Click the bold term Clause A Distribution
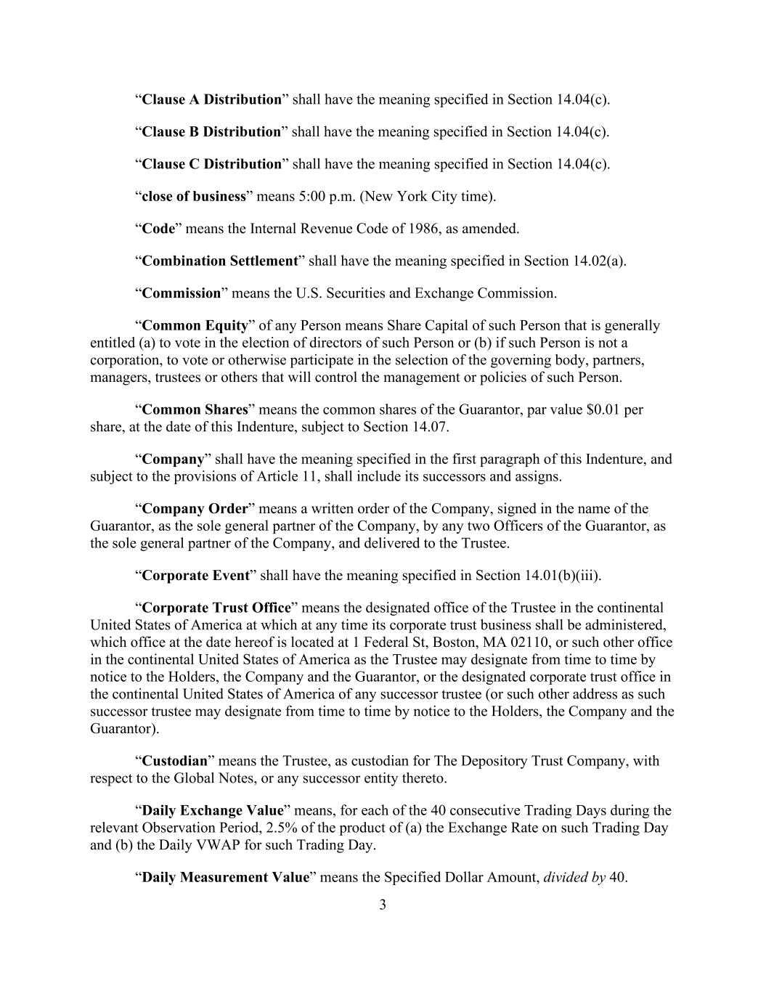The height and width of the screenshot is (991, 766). click(x=211, y=99)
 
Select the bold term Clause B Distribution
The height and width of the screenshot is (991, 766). click(x=211, y=131)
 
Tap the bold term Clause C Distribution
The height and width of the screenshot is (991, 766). click(x=211, y=164)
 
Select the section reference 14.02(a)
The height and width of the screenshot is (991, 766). click(x=599, y=261)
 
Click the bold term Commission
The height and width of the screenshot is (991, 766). click(x=181, y=293)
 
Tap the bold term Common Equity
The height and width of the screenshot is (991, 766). click(x=195, y=325)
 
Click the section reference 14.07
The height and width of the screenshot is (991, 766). click(x=430, y=427)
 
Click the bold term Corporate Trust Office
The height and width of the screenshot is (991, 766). click(x=216, y=608)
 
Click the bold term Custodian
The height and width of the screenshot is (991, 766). click(x=174, y=762)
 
